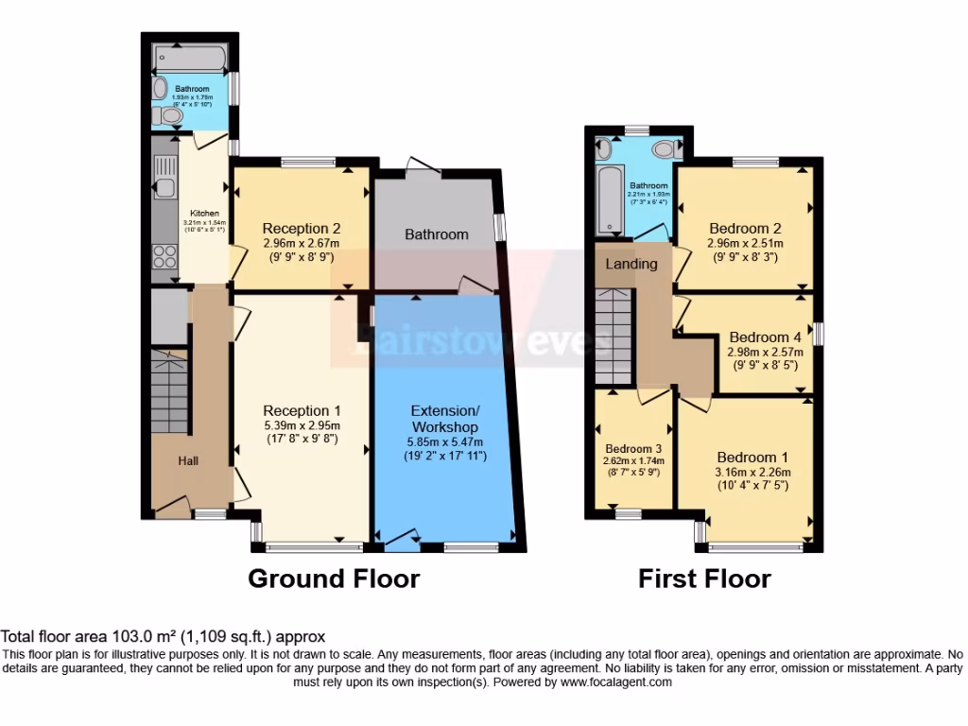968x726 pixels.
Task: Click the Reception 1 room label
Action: tap(302, 410)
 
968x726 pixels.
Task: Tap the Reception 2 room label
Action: tap(302, 228)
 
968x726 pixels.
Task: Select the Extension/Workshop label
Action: tap(445, 418)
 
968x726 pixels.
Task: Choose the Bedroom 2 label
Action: tap(745, 228)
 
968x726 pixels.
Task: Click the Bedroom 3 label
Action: tap(633, 448)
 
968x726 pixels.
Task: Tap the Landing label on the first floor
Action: tap(631, 264)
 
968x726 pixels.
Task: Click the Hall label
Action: tap(189, 460)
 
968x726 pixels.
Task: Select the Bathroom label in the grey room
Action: tap(437, 233)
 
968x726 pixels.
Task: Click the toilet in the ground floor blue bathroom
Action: tap(169, 116)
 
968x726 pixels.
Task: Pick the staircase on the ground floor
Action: tap(169, 391)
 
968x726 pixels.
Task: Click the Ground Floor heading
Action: tap(333, 578)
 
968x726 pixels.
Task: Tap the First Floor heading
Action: tap(704, 578)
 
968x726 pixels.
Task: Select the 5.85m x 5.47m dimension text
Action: tap(445, 441)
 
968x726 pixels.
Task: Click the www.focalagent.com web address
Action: tap(615, 682)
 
